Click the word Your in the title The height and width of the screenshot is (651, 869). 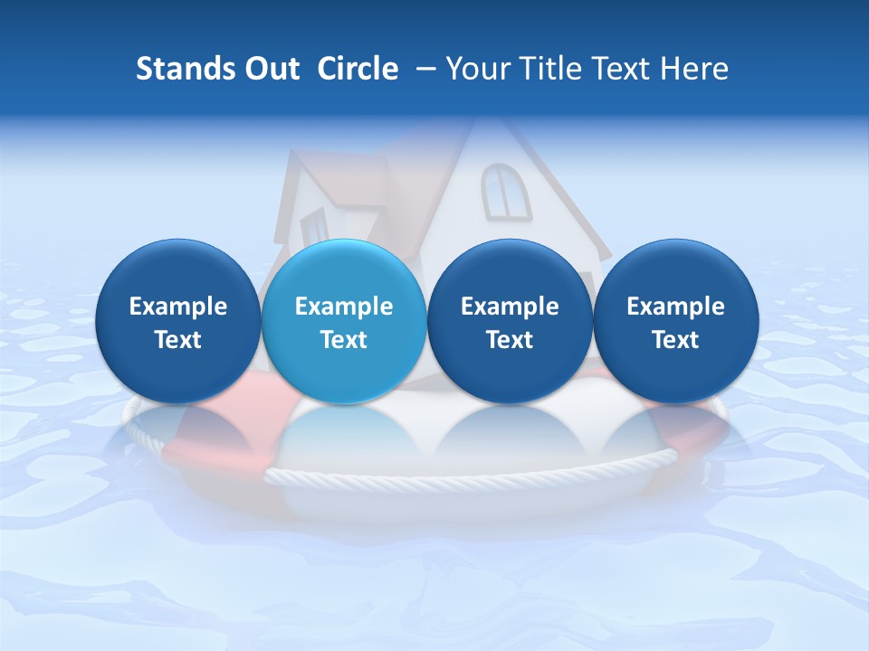[475, 69]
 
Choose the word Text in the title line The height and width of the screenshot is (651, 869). [619, 69]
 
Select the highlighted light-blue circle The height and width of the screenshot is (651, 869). [344, 321]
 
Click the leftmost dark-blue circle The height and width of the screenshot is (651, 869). [178, 321]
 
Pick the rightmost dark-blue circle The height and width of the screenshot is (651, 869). [675, 321]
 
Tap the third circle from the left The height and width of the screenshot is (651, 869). [510, 321]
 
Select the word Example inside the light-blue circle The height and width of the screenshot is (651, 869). [344, 307]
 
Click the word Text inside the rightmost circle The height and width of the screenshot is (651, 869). [675, 340]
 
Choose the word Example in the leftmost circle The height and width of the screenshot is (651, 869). [178, 307]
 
